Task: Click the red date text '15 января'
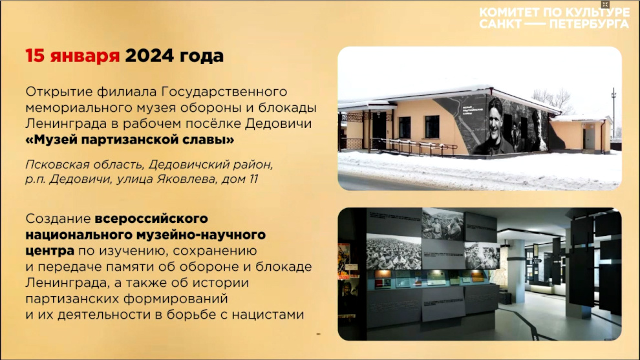(72, 56)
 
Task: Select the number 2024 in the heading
(149, 56)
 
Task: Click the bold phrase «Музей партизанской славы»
(130, 140)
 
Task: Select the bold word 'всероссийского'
(151, 218)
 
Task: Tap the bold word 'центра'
(50, 251)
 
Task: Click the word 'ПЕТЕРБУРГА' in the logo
(589, 24)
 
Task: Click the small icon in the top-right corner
(605, 5)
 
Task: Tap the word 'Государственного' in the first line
(224, 92)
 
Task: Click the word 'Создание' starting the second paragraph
(58, 218)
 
